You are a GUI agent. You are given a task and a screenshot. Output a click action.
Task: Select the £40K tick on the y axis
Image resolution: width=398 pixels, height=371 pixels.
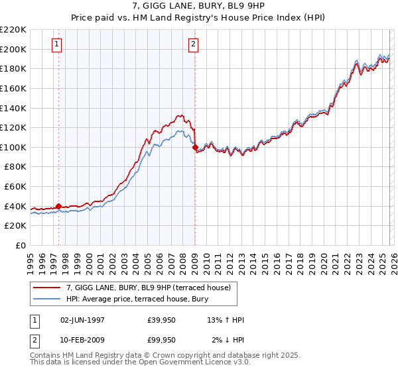pos(15,206)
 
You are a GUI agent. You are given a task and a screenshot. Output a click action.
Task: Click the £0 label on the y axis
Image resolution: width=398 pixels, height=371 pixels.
pos(20,245)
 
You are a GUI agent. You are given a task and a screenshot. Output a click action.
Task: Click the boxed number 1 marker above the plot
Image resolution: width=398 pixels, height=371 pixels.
pos(58,44)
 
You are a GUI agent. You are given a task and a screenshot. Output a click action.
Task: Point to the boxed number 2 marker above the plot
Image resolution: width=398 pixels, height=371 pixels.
pos(193,44)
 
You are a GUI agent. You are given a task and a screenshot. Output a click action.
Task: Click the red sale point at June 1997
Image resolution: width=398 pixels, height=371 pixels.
pos(58,206)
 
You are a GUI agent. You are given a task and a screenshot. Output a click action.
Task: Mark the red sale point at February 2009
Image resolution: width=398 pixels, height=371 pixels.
pos(195,148)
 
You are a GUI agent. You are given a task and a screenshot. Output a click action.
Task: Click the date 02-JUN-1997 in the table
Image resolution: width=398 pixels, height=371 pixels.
pos(82,320)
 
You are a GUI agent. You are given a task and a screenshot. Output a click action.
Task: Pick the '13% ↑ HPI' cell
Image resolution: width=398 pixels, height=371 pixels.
pos(226,320)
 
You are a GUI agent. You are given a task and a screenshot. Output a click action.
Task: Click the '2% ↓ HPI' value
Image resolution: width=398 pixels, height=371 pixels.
pos(226,340)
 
